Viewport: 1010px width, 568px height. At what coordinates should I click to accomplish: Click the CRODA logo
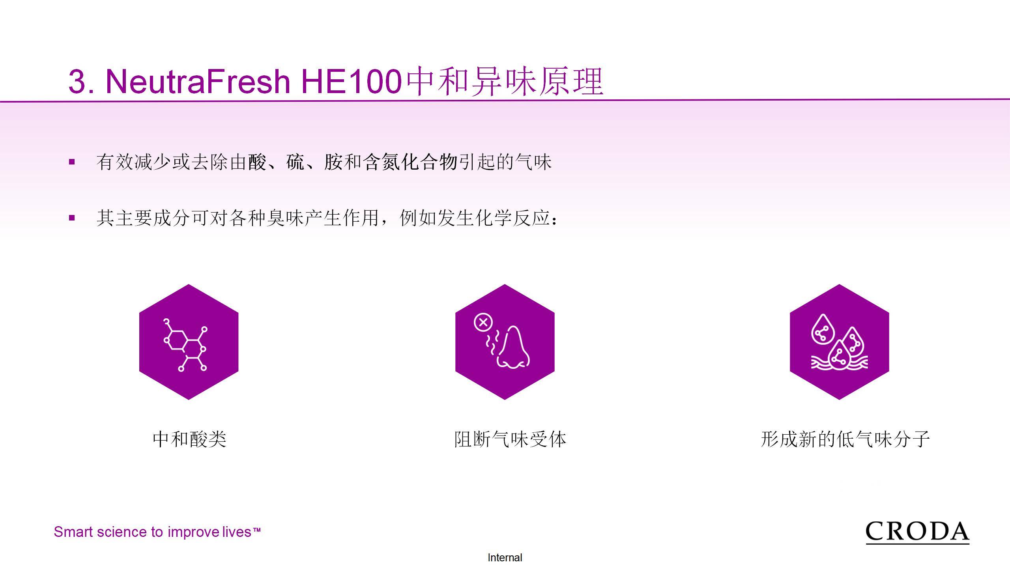[917, 532]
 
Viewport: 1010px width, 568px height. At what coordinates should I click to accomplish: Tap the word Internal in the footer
[505, 558]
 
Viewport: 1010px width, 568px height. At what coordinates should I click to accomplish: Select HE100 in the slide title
[352, 81]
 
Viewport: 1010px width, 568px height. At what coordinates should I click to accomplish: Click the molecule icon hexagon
[189, 342]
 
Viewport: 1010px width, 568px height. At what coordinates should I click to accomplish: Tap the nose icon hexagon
[505, 342]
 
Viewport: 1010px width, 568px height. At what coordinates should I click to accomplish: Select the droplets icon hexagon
[839, 342]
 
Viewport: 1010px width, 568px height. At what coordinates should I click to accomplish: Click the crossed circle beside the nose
[483, 322]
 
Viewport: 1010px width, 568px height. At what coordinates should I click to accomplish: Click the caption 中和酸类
[189, 439]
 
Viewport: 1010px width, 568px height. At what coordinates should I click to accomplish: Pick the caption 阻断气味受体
[510, 439]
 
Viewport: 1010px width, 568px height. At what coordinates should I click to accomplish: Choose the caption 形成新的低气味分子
[845, 439]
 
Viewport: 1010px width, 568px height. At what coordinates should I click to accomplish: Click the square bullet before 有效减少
[72, 161]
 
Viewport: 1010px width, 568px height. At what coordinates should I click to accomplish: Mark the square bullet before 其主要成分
[72, 217]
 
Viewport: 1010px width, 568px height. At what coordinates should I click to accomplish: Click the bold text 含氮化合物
[410, 162]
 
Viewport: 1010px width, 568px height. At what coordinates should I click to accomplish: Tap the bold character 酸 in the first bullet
[257, 162]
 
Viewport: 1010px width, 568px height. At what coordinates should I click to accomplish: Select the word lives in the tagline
[236, 532]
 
